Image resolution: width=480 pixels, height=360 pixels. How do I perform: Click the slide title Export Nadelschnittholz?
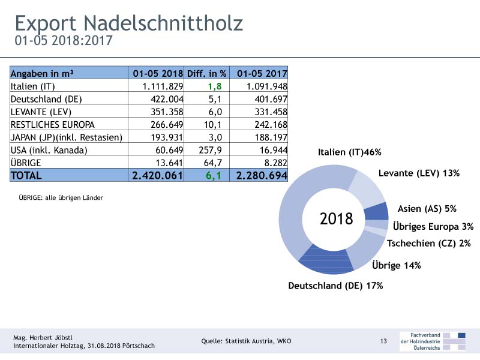[x=129, y=24]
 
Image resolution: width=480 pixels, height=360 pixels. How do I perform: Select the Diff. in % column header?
[x=206, y=73]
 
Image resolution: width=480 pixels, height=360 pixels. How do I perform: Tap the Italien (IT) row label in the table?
[x=32, y=86]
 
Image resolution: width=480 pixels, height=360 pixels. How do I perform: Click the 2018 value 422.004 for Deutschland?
[x=167, y=99]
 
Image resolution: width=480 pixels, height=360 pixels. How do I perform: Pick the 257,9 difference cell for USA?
[x=211, y=151]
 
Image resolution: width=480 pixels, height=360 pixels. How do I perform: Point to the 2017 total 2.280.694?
[x=262, y=175]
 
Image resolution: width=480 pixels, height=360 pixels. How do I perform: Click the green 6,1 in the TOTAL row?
[x=214, y=176]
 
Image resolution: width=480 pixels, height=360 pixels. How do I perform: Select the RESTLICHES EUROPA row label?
[x=53, y=125]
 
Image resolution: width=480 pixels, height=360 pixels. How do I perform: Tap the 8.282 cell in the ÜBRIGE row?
[x=276, y=163]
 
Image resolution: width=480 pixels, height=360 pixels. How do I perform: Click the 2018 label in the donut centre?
[x=337, y=219]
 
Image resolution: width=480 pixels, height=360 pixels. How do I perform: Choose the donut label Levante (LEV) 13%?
[x=419, y=173]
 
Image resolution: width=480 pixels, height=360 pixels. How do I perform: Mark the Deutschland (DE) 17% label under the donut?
[x=335, y=286]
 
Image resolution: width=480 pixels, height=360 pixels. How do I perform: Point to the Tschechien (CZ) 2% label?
[x=428, y=244]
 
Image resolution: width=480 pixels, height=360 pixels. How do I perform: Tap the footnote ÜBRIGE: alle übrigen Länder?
[x=61, y=198]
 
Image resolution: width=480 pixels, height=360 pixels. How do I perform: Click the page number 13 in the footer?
[x=383, y=341]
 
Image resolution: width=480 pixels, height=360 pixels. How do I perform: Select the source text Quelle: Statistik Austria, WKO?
[x=246, y=341]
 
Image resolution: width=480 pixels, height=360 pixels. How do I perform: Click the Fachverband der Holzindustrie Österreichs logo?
[x=433, y=341]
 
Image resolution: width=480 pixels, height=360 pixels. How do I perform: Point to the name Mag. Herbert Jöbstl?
[x=43, y=338]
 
